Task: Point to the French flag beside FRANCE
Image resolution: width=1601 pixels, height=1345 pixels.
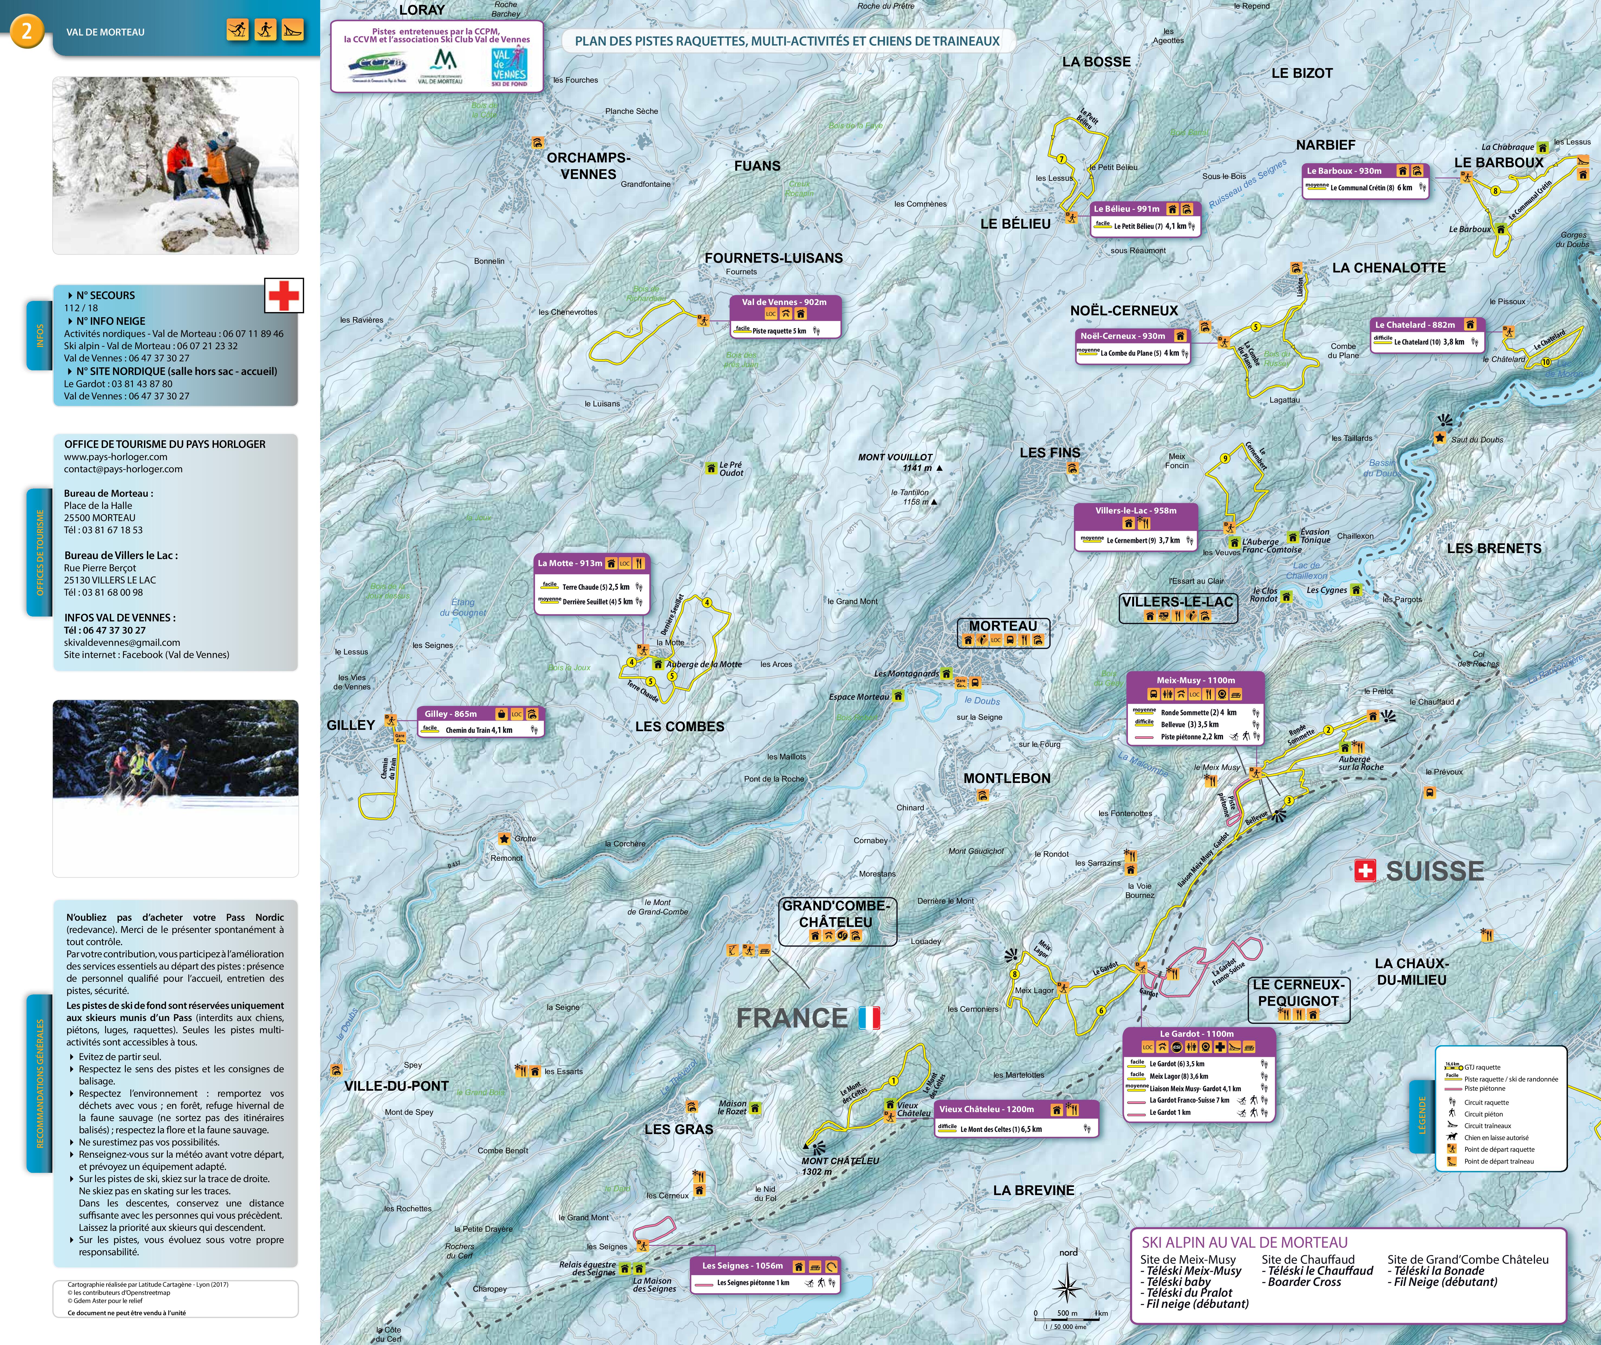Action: pyautogui.click(x=869, y=1018)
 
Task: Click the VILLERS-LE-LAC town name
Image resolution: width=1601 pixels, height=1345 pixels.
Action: pyautogui.click(x=1177, y=602)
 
